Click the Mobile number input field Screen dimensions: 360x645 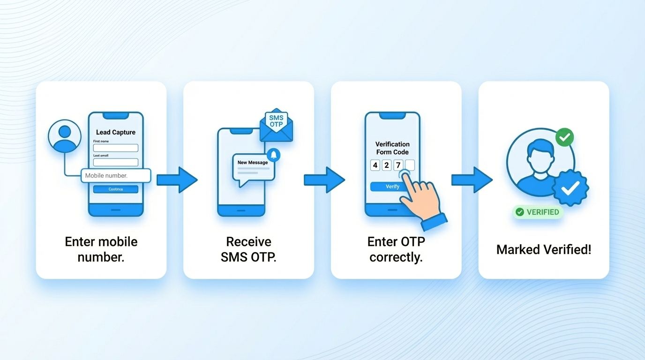click(116, 176)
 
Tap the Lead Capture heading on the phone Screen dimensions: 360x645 click(115, 133)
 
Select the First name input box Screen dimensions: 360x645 click(115, 148)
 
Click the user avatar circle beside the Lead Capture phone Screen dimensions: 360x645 click(65, 135)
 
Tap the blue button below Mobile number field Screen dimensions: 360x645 click(115, 189)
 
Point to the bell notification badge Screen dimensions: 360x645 click(273, 155)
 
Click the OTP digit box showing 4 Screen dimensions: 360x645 click(375, 165)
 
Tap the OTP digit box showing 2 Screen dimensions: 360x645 click(387, 165)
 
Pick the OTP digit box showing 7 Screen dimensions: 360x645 click(398, 165)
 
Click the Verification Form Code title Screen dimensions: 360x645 click(392, 148)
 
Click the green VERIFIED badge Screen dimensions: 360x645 click(538, 212)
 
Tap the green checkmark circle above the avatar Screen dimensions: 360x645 click(564, 137)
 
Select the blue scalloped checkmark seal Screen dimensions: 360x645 click(570, 188)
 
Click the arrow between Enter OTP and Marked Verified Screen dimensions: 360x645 click(472, 180)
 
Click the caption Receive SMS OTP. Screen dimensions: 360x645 click(248, 249)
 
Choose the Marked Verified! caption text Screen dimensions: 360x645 click(544, 249)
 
